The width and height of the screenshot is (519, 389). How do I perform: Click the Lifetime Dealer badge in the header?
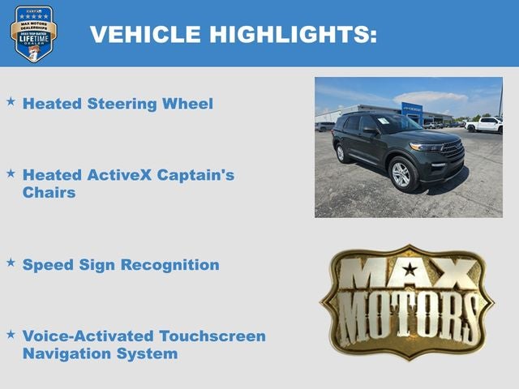coord(34,33)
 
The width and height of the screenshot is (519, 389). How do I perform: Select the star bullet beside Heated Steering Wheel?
coord(11,102)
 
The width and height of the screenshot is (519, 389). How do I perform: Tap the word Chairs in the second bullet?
coord(49,193)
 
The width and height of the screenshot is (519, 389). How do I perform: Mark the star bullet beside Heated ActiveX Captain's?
coord(11,173)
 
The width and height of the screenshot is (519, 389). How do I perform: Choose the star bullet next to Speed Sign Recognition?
coord(11,263)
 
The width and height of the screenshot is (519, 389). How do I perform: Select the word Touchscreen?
coord(212,336)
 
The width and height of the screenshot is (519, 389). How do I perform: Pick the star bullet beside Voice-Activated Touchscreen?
coord(11,334)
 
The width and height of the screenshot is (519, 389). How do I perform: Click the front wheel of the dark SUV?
coord(401,174)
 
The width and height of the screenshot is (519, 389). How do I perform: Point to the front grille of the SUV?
coord(451,149)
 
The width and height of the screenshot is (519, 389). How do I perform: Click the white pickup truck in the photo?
coord(486,125)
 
